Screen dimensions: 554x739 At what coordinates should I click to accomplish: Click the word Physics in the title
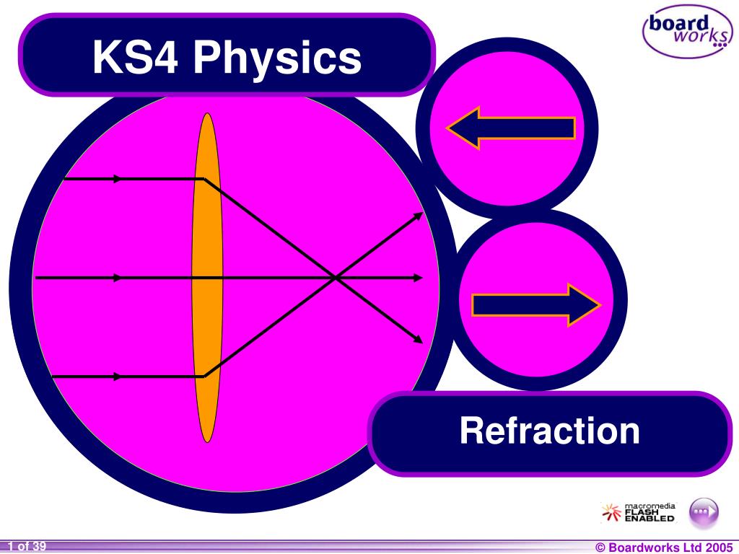click(x=276, y=58)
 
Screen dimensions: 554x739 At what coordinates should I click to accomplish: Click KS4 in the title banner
click(x=136, y=58)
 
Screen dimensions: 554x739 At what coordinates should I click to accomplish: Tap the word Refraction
click(x=549, y=431)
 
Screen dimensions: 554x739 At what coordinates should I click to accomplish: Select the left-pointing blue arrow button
click(x=510, y=128)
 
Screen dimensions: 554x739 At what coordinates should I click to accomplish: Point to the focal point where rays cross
click(x=334, y=277)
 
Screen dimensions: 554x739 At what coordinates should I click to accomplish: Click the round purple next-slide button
click(x=704, y=511)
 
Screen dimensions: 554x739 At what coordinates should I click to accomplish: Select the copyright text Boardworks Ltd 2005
click(x=663, y=548)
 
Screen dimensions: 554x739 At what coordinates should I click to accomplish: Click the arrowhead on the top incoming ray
click(x=118, y=178)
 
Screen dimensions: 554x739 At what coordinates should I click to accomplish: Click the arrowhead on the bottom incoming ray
click(x=118, y=376)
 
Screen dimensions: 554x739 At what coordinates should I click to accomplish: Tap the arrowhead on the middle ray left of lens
click(x=118, y=277)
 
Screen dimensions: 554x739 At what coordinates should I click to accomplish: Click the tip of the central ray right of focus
click(x=421, y=277)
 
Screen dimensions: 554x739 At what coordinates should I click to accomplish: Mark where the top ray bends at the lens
click(x=205, y=179)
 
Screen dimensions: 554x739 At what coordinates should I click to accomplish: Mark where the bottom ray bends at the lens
click(x=205, y=375)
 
